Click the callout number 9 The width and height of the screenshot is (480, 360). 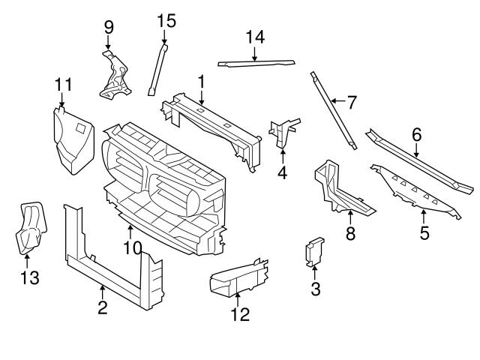point(109,28)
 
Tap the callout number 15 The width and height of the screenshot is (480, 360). point(166,20)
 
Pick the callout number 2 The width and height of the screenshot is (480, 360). point(103,306)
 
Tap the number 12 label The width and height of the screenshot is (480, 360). point(239,315)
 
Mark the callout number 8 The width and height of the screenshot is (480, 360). point(350,234)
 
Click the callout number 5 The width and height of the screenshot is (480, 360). point(424,233)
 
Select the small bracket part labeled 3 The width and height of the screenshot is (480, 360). point(314,253)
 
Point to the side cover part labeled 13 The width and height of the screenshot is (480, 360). point(28,229)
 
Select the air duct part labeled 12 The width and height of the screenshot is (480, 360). point(236,277)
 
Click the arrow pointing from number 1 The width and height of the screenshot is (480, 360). point(201,96)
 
